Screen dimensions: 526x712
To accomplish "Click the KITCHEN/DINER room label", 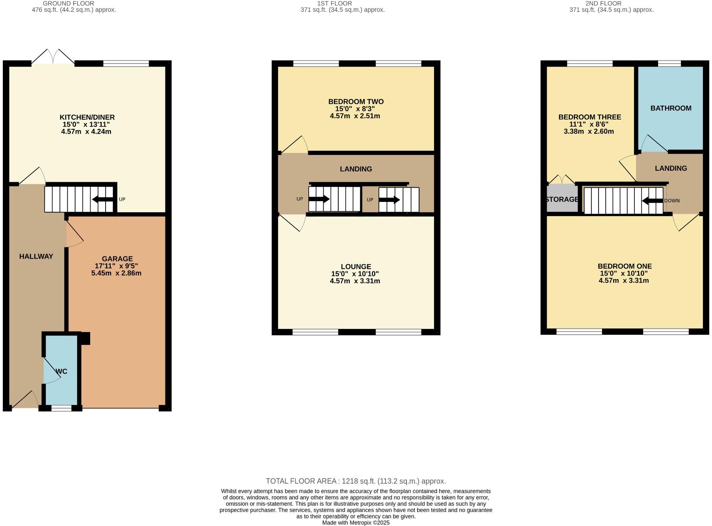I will pyautogui.click(x=87, y=117).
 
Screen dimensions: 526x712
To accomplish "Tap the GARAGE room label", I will pyautogui.click(x=117, y=259).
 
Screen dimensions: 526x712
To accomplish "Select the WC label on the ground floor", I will pyautogui.click(x=62, y=371).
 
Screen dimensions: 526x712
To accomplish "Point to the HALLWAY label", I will pyautogui.click(x=36, y=256).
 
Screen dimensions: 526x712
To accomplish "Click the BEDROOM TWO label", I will pyautogui.click(x=356, y=102).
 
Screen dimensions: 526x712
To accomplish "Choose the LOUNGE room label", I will pyautogui.click(x=356, y=267).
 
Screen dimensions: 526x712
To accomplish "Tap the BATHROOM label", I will pyautogui.click(x=671, y=108).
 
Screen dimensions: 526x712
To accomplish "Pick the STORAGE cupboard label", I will pyautogui.click(x=562, y=200).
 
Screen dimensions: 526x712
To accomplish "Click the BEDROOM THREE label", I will pyautogui.click(x=590, y=117).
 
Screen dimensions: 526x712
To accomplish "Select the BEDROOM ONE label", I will pyautogui.click(x=624, y=266).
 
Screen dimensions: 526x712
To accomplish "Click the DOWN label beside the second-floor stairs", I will pyautogui.click(x=672, y=201).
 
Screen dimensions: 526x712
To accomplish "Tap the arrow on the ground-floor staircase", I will pyautogui.click(x=102, y=200).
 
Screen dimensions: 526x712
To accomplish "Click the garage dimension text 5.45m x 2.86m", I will pyautogui.click(x=116, y=273).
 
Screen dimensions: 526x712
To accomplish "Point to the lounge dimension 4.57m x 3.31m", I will pyautogui.click(x=355, y=281).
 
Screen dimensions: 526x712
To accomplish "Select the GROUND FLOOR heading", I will pyautogui.click(x=69, y=4).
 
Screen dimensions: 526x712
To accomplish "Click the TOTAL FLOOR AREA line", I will pyautogui.click(x=356, y=481).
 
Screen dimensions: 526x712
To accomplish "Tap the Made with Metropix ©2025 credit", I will pyautogui.click(x=356, y=522).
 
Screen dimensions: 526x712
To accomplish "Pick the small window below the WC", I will pyautogui.click(x=61, y=408).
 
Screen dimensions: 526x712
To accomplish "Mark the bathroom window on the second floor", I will pyautogui.click(x=669, y=63).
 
